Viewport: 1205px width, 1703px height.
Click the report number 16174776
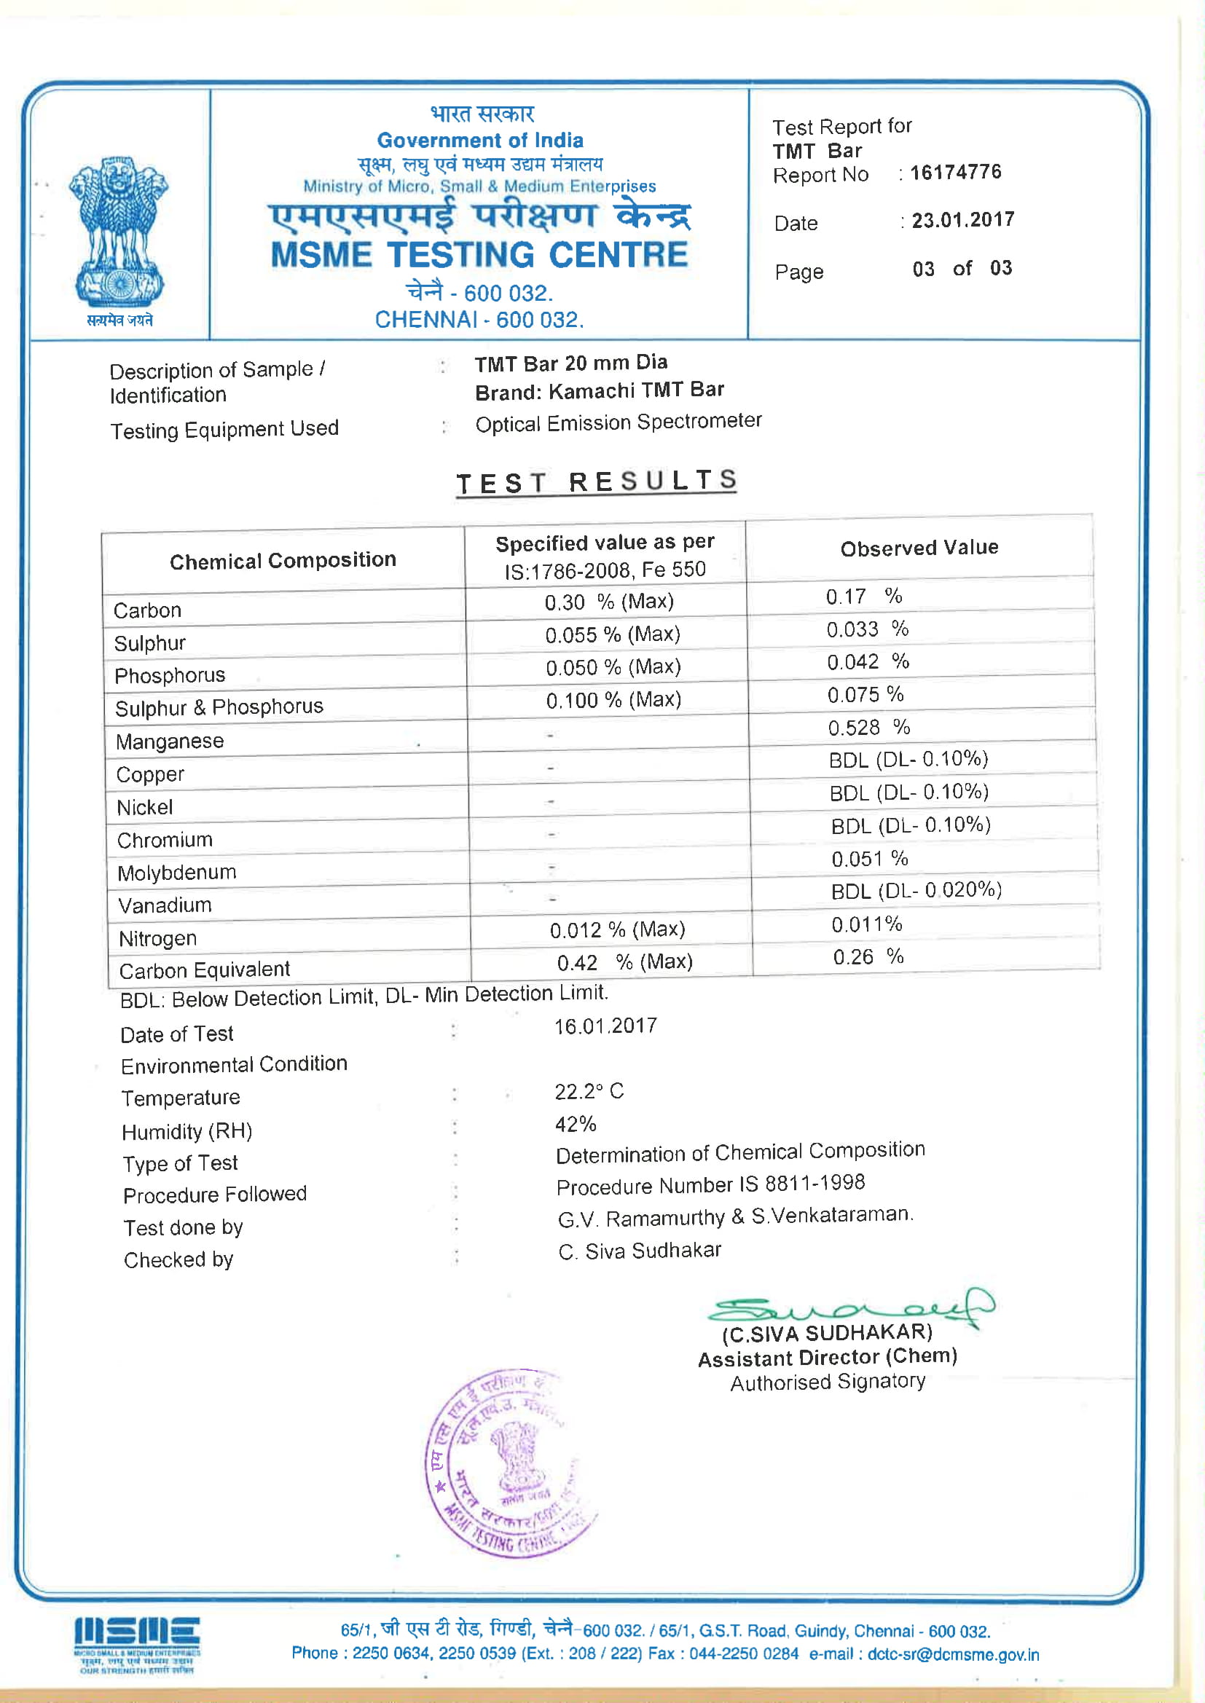(955, 173)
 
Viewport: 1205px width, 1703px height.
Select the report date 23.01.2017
(962, 220)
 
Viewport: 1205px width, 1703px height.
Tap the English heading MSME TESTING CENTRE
(479, 255)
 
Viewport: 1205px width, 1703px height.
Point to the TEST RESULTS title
(596, 482)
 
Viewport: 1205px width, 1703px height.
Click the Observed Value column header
(919, 548)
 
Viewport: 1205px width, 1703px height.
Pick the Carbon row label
(148, 610)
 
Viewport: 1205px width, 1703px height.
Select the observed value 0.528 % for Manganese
(868, 728)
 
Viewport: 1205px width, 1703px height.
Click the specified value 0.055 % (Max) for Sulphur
(612, 635)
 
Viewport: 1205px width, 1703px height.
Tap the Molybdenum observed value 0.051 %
(869, 859)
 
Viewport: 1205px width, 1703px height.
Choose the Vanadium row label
(165, 905)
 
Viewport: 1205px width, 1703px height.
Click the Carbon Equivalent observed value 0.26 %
(868, 957)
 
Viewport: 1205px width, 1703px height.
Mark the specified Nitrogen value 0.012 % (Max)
(616, 930)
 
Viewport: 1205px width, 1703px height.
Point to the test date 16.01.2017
(605, 1026)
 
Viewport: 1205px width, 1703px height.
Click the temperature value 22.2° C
(589, 1092)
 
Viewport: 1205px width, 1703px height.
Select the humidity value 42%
(576, 1125)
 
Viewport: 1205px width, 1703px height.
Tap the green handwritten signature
(849, 1309)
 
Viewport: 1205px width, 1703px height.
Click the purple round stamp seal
(510, 1463)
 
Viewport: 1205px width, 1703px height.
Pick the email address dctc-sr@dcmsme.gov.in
(953, 1655)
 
